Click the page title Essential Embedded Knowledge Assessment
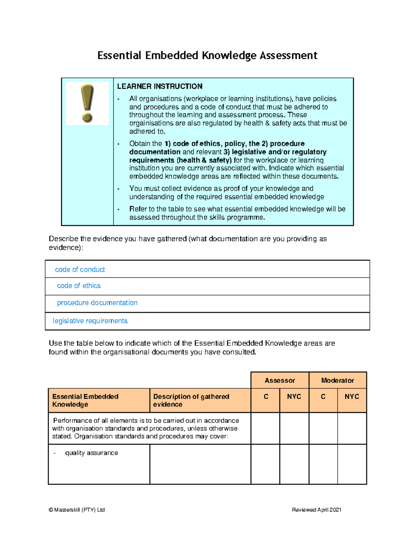tap(207, 55)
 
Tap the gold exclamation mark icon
tap(87, 103)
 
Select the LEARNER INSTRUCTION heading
tap(159, 86)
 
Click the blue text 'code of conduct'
tap(80, 269)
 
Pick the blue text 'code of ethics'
tap(79, 286)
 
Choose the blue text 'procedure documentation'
tap(97, 303)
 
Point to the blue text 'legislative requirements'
tap(90, 321)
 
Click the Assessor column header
tap(279, 380)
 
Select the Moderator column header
tap(338, 380)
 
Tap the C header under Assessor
tap(266, 397)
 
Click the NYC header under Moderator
tap(352, 397)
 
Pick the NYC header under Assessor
tap(294, 397)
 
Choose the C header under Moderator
tap(323, 397)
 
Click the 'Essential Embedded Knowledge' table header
tap(85, 400)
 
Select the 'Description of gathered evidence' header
tap(191, 400)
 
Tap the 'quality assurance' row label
tap(91, 453)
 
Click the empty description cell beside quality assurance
tap(200, 464)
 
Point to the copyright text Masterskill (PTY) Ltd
tap(77, 510)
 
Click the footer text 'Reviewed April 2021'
tap(316, 510)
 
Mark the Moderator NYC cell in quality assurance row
tap(352, 464)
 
